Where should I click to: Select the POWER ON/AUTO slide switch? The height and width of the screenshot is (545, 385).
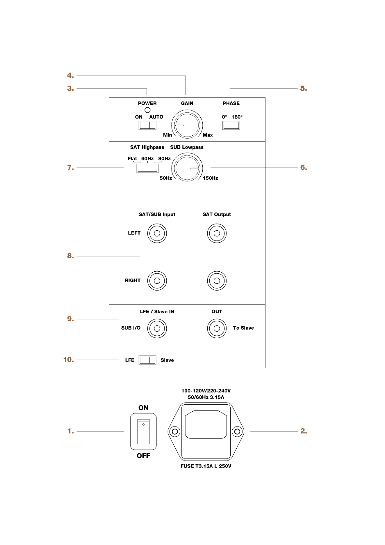coord(147,125)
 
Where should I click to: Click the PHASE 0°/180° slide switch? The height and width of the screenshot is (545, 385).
coord(231,125)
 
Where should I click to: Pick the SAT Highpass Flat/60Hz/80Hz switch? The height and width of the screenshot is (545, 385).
coord(147,168)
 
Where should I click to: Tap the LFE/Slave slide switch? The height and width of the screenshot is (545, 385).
coord(147,360)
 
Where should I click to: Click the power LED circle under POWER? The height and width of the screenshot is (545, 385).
coord(147,110)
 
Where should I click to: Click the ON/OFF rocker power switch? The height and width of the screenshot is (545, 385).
coord(143,431)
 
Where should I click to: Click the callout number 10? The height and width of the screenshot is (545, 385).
coord(69,360)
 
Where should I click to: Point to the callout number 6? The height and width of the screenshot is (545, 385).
coord(304,167)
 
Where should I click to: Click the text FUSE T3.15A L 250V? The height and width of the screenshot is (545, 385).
coord(206,466)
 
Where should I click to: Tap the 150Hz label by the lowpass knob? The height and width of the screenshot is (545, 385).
coord(211,178)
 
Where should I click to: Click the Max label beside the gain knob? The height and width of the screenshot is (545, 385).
coord(208,135)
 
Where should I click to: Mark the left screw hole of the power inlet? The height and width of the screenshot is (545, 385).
coord(175,431)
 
